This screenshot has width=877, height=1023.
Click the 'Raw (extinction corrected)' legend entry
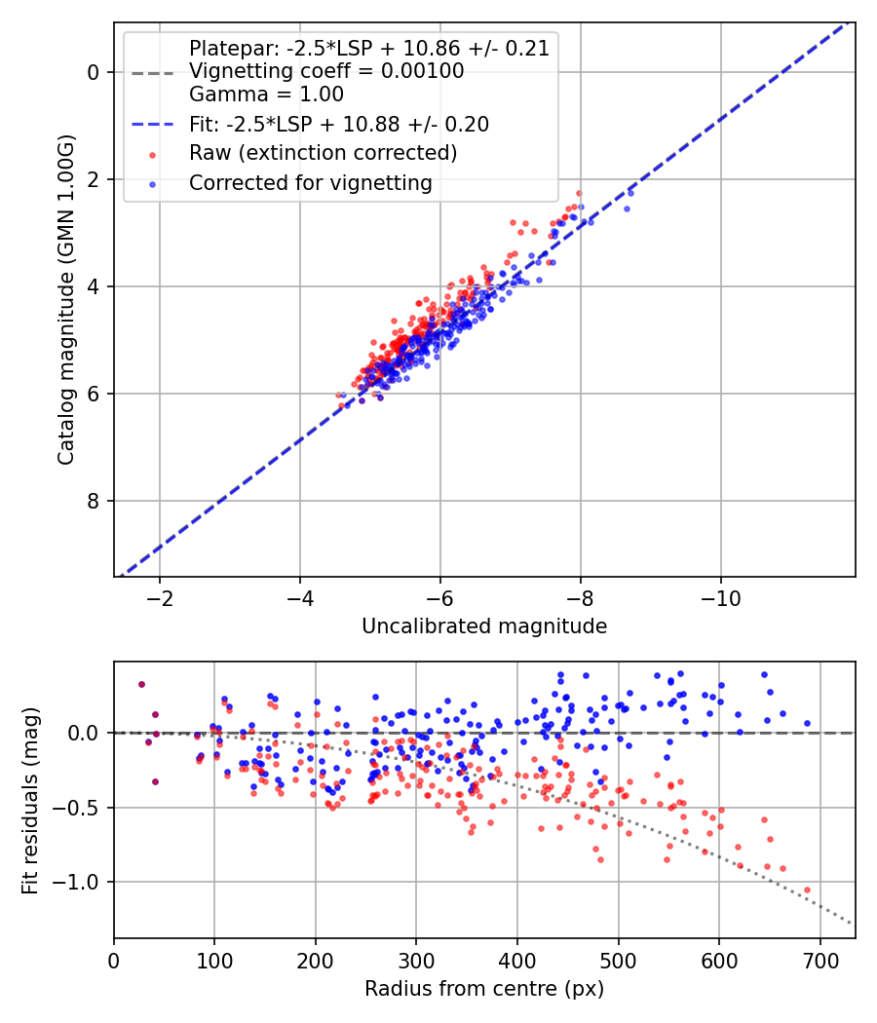pos(323,153)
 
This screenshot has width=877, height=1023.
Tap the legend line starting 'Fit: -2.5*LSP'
pos(338,124)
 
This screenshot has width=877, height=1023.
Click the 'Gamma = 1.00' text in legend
pos(266,95)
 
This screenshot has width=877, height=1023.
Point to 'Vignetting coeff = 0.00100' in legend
pos(326,71)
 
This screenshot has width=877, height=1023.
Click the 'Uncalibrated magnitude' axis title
pos(484,626)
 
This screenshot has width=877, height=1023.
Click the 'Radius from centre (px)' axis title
pos(484,989)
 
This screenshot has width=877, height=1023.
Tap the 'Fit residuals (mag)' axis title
pos(30,800)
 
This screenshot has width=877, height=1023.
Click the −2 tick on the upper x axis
pos(160,596)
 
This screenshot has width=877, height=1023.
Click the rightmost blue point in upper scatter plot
pos(630,193)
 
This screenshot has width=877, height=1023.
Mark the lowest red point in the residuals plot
pos(807,890)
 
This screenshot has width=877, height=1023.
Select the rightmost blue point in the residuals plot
pos(807,723)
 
